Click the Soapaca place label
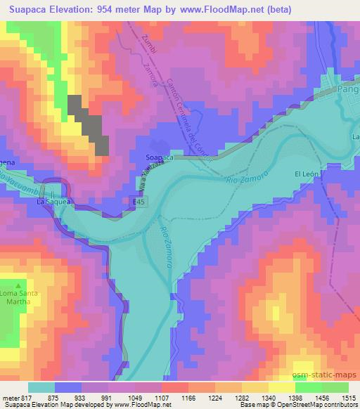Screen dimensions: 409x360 click(x=159, y=158)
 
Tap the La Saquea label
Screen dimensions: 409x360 click(x=54, y=202)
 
